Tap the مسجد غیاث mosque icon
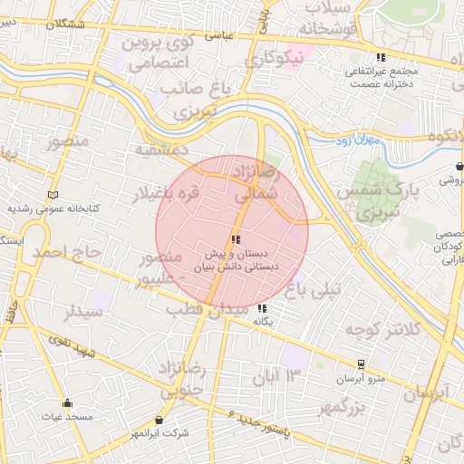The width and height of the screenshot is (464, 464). [x=67, y=403]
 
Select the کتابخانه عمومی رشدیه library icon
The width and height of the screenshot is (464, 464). [x=53, y=195]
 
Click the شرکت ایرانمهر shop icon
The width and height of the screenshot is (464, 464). [x=160, y=420]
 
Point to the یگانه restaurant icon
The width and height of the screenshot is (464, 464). [x=263, y=308]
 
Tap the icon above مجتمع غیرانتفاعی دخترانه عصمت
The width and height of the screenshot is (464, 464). [x=379, y=56]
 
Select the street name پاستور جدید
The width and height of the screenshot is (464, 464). [x=257, y=424]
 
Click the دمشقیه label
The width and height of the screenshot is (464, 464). [x=160, y=148]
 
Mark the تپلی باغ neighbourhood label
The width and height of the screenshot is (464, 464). [x=314, y=290]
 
